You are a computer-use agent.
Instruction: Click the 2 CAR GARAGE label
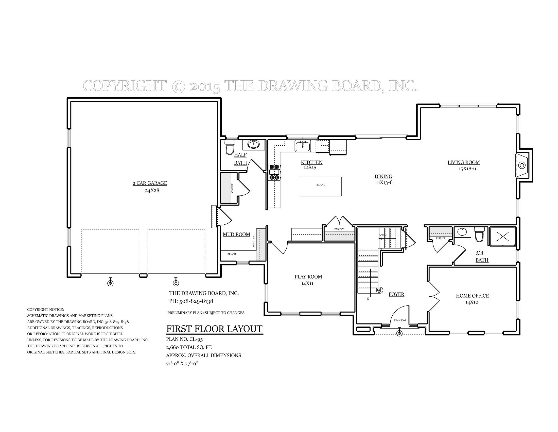[150, 183]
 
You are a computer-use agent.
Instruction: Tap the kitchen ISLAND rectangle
[321, 186]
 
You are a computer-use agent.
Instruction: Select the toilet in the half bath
[230, 147]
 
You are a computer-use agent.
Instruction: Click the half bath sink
[253, 145]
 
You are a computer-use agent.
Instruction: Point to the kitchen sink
[303, 146]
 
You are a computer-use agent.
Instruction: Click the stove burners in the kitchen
[274, 172]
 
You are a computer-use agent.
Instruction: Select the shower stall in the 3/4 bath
[502, 237]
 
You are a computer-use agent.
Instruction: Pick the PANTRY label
[339, 229]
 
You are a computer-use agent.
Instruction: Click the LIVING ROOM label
[463, 162]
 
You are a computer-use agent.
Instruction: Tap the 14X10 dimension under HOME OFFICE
[472, 302]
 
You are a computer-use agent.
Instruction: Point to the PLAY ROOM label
[308, 277]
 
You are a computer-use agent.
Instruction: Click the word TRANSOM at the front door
[399, 320]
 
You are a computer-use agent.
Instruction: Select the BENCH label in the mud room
[232, 254]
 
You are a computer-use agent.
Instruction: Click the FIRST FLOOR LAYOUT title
[214, 329]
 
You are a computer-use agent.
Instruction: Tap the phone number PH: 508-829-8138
[191, 301]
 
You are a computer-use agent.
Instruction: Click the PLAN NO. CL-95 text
[184, 339]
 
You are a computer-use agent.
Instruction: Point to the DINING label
[383, 176]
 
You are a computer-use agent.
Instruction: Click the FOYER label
[396, 294]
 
